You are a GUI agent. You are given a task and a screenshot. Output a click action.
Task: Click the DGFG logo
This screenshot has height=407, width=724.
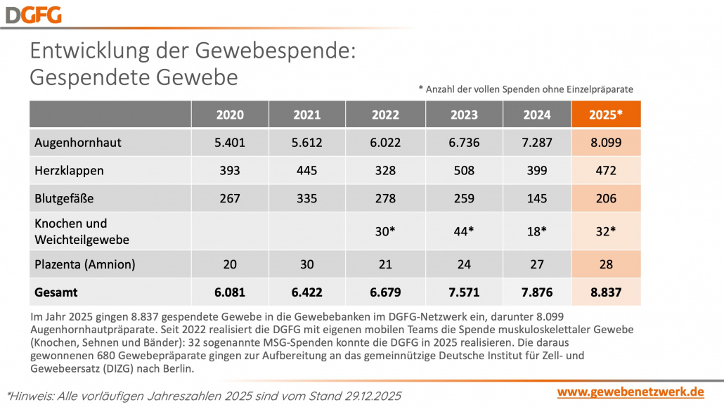pos(32,14)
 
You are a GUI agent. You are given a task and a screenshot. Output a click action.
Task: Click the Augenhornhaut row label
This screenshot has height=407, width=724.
pos(78,143)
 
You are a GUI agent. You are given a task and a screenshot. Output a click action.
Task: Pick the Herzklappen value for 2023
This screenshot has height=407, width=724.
pos(463,171)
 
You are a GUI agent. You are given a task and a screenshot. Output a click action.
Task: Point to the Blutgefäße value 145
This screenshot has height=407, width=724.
pos(536,199)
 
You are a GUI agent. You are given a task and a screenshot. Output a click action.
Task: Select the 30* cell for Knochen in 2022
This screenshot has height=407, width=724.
pos(384,231)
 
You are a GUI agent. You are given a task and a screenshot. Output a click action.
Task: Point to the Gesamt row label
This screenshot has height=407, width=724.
pos(56,292)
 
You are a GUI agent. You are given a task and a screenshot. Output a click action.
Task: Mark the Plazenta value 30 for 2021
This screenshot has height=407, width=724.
pos(307,264)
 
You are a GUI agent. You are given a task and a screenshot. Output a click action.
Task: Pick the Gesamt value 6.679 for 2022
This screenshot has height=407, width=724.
pos(384,292)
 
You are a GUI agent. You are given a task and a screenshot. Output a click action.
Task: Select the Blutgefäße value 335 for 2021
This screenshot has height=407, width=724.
pos(307,199)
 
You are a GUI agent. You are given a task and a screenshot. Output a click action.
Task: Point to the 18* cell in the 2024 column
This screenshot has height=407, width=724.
pos(536,231)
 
